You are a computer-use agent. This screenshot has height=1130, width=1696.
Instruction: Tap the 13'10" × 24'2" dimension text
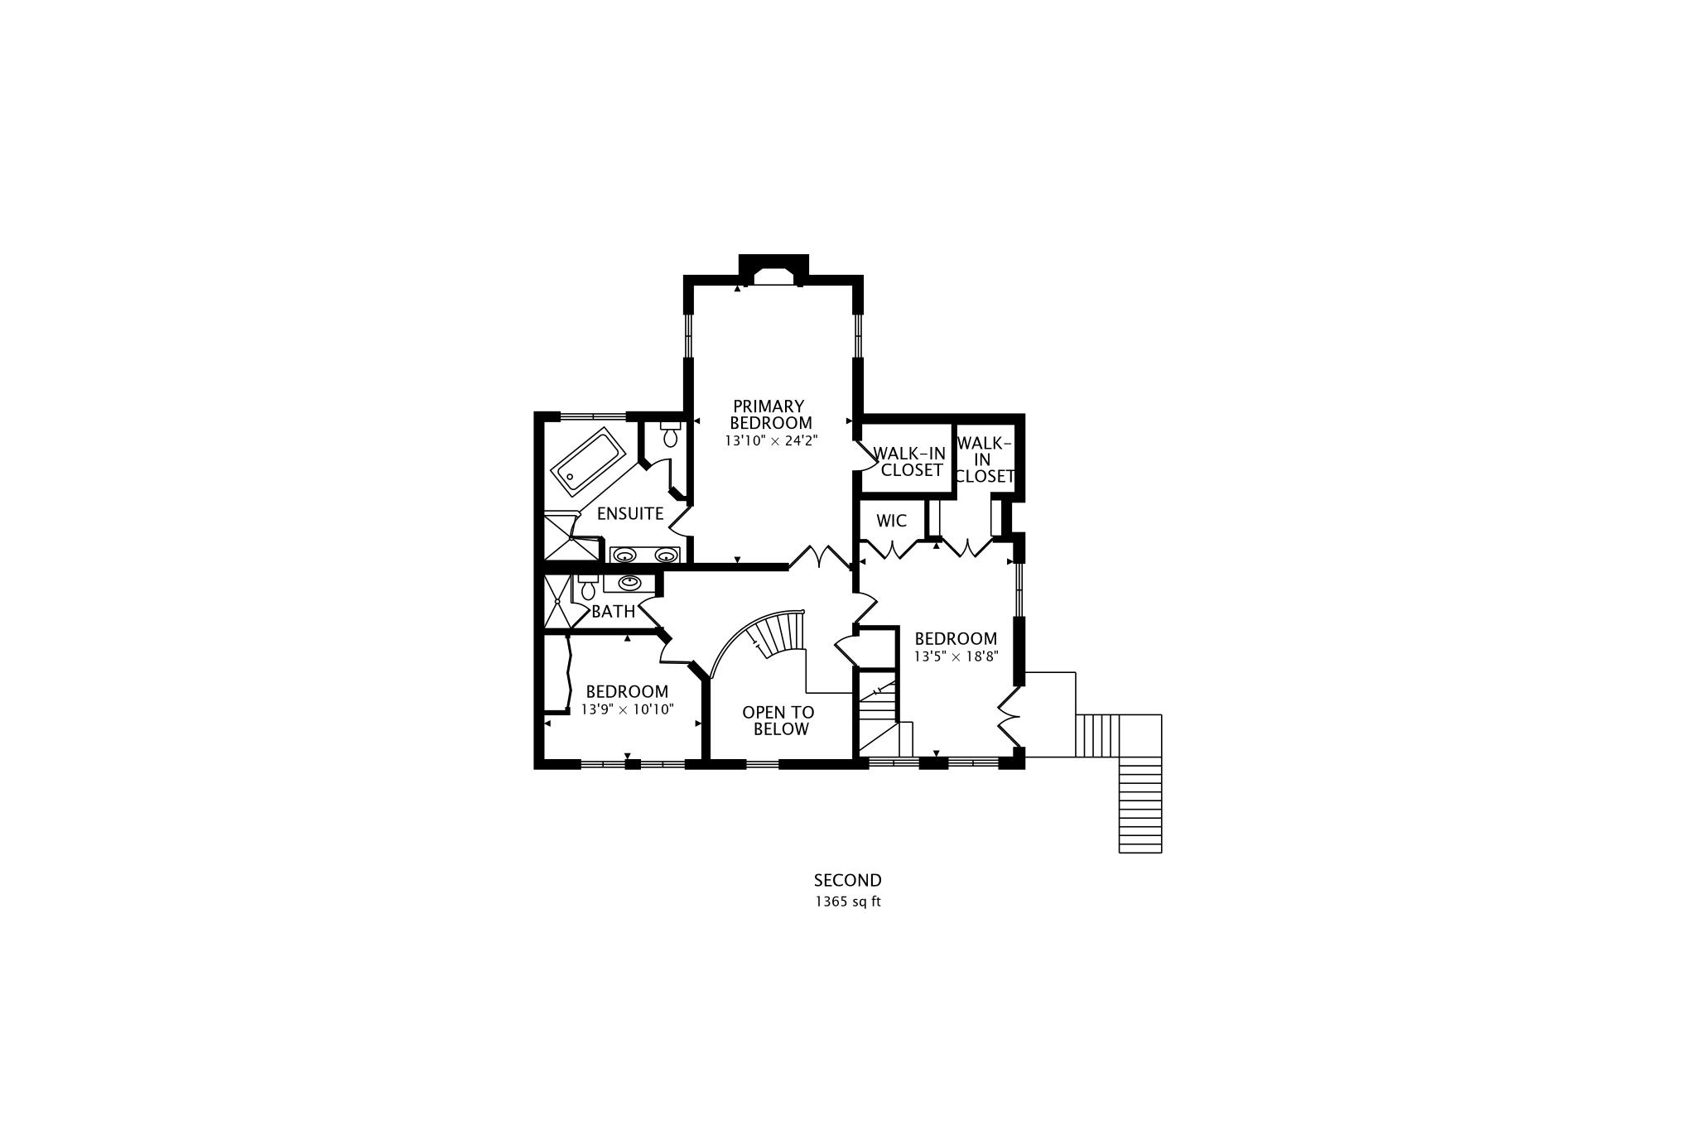[771, 441]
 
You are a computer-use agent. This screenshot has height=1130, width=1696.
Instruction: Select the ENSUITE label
[630, 513]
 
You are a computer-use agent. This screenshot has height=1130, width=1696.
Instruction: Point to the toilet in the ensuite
[671, 435]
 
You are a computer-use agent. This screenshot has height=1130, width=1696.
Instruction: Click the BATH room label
[613, 612]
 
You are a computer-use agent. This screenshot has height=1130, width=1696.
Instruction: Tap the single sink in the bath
[629, 582]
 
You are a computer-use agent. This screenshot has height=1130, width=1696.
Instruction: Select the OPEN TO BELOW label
[778, 720]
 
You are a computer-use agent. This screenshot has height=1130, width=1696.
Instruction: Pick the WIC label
[891, 522]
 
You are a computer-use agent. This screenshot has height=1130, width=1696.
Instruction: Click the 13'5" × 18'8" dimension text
[956, 656]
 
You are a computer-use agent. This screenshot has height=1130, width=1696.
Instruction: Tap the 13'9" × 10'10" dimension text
[627, 709]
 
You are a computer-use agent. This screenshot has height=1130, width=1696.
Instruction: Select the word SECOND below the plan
[847, 881]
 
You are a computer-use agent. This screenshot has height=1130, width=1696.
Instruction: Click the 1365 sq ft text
[847, 902]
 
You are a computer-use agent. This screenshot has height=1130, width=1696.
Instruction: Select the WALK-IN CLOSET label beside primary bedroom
[910, 462]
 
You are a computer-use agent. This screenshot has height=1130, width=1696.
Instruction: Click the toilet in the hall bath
[588, 589]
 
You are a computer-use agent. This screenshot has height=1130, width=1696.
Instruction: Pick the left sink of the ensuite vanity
[624, 554]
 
